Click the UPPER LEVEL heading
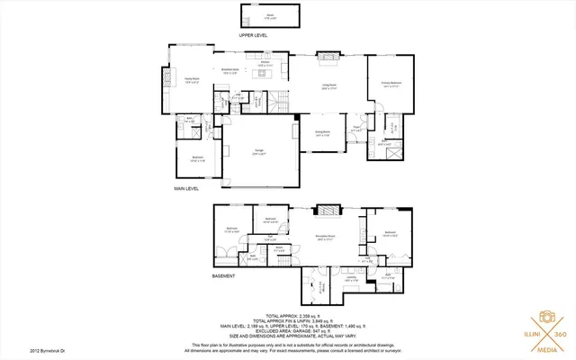(x=253, y=34)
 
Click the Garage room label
(x=258, y=151)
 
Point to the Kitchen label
(x=265, y=63)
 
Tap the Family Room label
(x=193, y=80)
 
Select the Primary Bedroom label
(x=390, y=83)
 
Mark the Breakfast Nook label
(x=229, y=70)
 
